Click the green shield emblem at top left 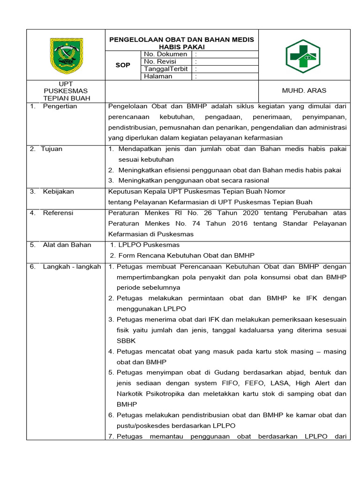66,55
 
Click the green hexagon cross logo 303,56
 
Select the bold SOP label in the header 123,65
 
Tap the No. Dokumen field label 165,54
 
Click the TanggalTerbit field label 166,69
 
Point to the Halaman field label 158,76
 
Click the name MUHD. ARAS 304,90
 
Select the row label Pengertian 60,106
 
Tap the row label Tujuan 52,149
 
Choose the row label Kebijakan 58,192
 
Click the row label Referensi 58,213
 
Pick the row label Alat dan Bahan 67,245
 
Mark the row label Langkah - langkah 72,267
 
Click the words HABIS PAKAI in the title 181,47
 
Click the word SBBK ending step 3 126,341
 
